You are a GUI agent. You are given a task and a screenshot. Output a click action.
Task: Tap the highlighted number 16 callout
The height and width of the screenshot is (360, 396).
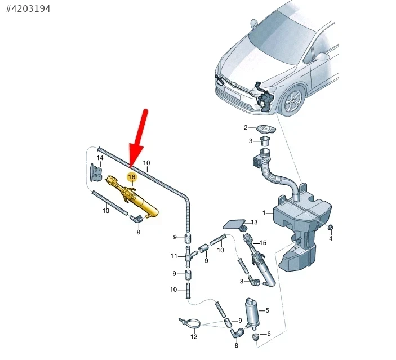point(132,177)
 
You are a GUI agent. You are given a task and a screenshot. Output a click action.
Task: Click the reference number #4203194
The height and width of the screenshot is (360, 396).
point(28,9)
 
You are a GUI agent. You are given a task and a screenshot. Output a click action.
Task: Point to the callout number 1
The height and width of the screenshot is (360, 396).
point(264,213)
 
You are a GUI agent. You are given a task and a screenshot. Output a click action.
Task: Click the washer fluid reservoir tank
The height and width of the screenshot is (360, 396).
point(302,228)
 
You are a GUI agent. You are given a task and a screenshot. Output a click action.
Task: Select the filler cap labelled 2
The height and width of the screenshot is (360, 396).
point(266,130)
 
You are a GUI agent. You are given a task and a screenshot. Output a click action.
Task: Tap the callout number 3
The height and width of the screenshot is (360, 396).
point(251,141)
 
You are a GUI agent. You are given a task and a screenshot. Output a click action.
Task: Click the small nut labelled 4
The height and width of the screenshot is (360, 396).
point(330,228)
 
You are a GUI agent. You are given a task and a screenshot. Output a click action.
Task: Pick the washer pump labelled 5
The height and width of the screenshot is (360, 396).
point(252,313)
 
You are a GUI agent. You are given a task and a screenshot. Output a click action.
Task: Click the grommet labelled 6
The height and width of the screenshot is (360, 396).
point(256,337)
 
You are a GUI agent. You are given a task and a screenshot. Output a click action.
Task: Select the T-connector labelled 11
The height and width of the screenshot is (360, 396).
point(190,256)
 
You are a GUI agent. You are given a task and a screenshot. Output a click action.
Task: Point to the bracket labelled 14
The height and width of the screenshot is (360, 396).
point(96,172)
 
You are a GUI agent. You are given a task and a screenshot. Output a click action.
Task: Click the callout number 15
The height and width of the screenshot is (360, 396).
point(263,243)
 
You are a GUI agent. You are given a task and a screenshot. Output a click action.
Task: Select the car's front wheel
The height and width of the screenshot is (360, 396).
point(293,101)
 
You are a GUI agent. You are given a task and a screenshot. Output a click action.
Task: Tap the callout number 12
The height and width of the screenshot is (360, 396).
point(194,337)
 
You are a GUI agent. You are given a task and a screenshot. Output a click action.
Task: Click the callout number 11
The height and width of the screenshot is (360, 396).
point(173,256)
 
